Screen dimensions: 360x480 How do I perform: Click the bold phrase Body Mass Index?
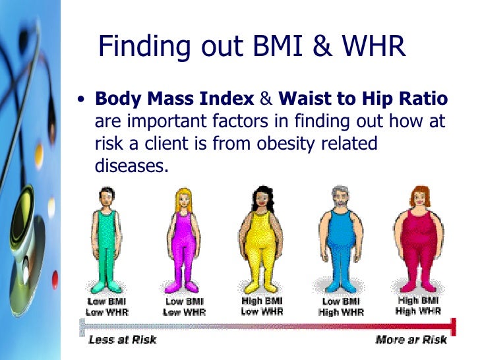click(x=175, y=100)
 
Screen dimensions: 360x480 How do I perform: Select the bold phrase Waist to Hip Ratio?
click(x=363, y=100)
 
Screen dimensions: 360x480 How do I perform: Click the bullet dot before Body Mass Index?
click(x=80, y=101)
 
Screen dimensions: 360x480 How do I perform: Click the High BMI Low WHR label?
click(x=263, y=307)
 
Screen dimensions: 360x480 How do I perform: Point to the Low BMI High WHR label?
click(x=340, y=307)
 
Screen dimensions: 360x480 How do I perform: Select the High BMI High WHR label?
click(x=418, y=306)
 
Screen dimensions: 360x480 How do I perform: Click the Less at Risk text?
click(x=122, y=340)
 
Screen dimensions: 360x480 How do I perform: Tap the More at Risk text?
click(x=410, y=340)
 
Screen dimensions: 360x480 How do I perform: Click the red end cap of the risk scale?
click(x=453, y=324)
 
